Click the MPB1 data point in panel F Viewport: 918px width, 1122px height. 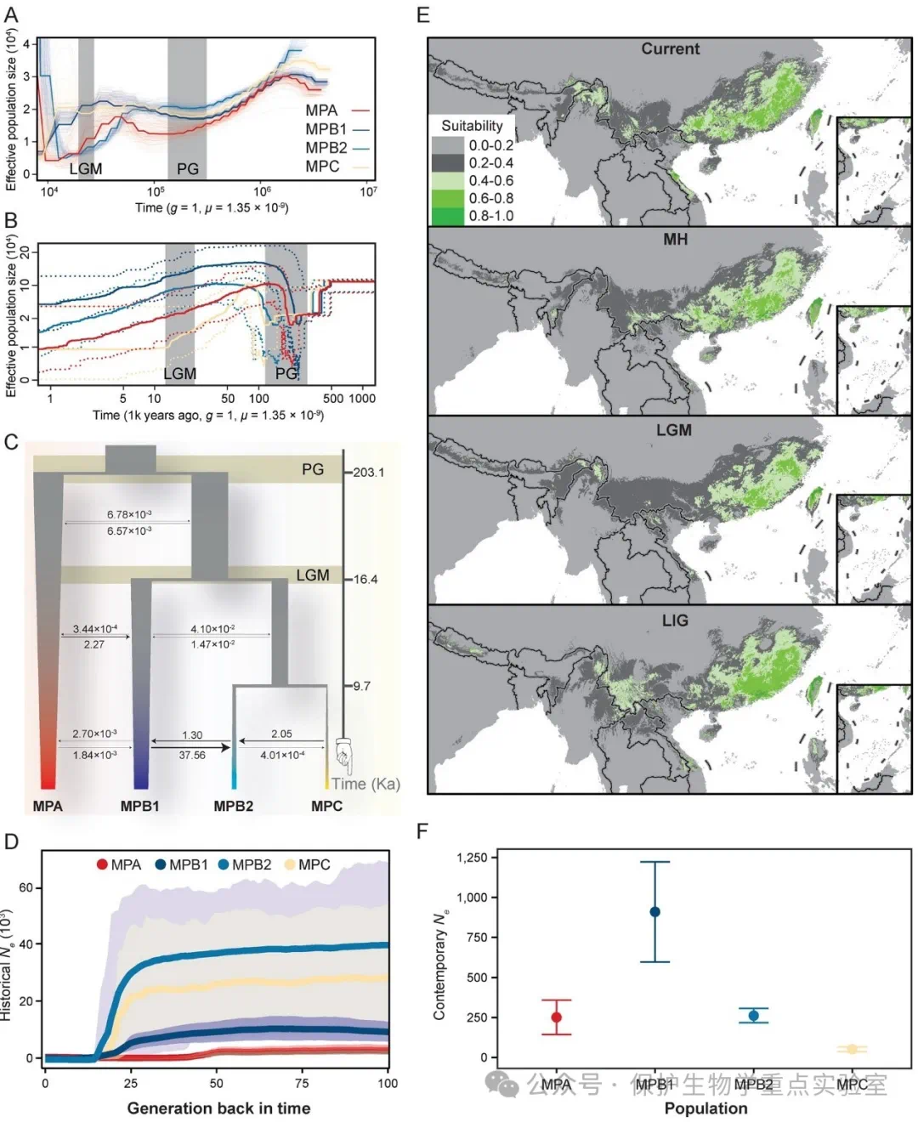(x=654, y=911)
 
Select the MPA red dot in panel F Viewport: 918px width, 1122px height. (x=556, y=1017)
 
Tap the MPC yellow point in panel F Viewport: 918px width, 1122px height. (x=851, y=1049)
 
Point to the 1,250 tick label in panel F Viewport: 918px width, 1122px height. (x=472, y=858)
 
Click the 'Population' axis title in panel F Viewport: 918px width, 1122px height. (x=705, y=1108)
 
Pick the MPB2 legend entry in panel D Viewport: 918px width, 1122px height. (x=244, y=864)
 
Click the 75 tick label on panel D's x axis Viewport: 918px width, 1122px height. (x=302, y=1083)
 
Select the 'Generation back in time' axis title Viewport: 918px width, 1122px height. (x=218, y=1108)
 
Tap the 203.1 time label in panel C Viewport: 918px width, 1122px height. (x=369, y=473)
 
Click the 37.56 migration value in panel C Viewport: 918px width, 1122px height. (x=192, y=755)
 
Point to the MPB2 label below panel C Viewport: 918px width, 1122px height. (x=233, y=806)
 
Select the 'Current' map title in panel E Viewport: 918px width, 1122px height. (x=670, y=49)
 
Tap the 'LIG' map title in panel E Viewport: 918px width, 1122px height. (x=675, y=620)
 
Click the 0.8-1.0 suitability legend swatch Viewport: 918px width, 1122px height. (x=447, y=216)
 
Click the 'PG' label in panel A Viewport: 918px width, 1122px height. (x=188, y=168)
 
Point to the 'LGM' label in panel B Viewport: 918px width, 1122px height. (x=179, y=373)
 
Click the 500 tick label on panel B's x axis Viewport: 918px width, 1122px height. (x=333, y=398)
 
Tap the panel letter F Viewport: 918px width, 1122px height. (x=422, y=830)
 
